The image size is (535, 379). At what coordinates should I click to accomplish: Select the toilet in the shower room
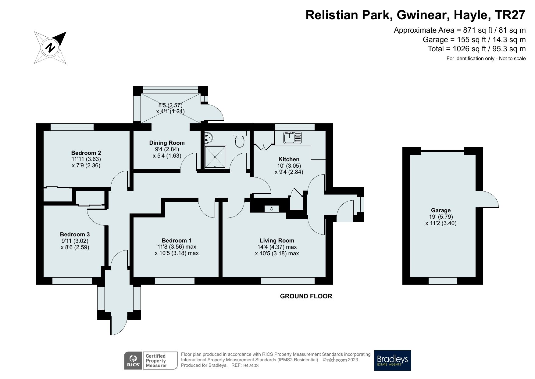(x=240, y=139)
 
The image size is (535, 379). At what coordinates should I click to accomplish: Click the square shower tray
(x=216, y=157)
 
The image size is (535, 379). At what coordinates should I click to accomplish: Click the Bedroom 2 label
(x=86, y=153)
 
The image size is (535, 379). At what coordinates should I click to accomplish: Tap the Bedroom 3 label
(x=75, y=235)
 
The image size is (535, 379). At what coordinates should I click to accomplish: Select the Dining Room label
(x=167, y=143)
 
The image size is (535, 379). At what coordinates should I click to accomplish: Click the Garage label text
(x=440, y=210)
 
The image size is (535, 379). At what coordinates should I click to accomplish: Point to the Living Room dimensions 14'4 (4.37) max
(x=277, y=247)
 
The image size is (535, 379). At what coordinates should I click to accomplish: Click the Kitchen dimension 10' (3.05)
(x=289, y=166)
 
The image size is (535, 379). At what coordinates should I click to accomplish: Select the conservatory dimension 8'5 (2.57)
(x=170, y=105)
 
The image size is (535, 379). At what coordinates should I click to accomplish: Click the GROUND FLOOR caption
(x=306, y=296)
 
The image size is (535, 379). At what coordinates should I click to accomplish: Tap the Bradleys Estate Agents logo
(x=392, y=360)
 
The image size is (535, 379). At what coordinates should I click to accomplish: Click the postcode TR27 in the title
(x=511, y=15)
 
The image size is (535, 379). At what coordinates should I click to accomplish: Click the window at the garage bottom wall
(x=443, y=281)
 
